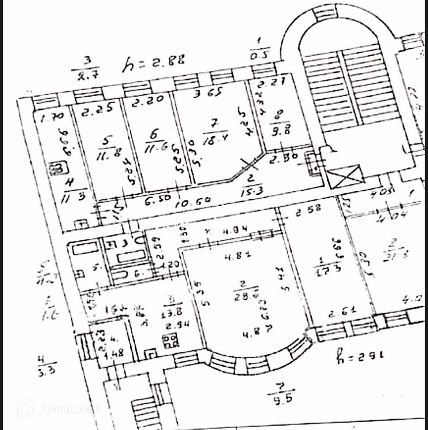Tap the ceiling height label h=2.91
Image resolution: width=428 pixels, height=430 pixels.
click(x=360, y=355)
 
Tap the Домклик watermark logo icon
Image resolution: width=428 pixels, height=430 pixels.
click(x=26, y=408)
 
